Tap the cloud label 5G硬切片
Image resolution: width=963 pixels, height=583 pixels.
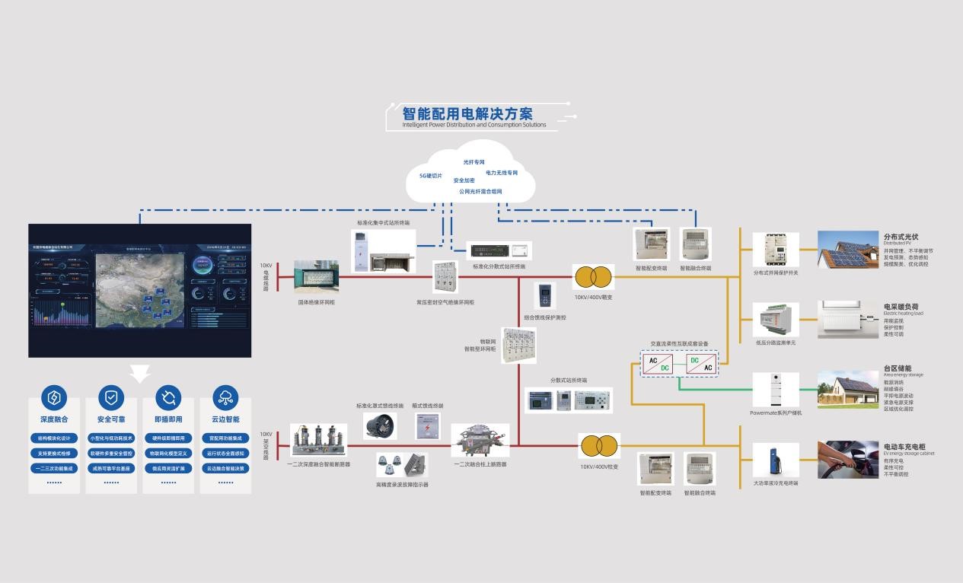430,175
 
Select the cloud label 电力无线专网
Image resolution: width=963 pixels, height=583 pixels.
502,173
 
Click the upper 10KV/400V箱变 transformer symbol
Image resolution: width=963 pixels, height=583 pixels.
594,276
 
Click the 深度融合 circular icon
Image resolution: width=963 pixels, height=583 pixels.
54,397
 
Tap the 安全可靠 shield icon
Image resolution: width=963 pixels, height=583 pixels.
111,397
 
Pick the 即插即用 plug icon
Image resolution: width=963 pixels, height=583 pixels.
168,397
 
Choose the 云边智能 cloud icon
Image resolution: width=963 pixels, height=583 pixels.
225,397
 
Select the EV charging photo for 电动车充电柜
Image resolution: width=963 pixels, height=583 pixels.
848,460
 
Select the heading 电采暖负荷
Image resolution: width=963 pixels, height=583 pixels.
902,307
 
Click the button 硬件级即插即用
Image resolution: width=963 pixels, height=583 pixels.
168,438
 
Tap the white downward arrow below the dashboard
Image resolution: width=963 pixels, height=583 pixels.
140,372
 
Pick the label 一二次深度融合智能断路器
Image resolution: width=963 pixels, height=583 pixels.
319,464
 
